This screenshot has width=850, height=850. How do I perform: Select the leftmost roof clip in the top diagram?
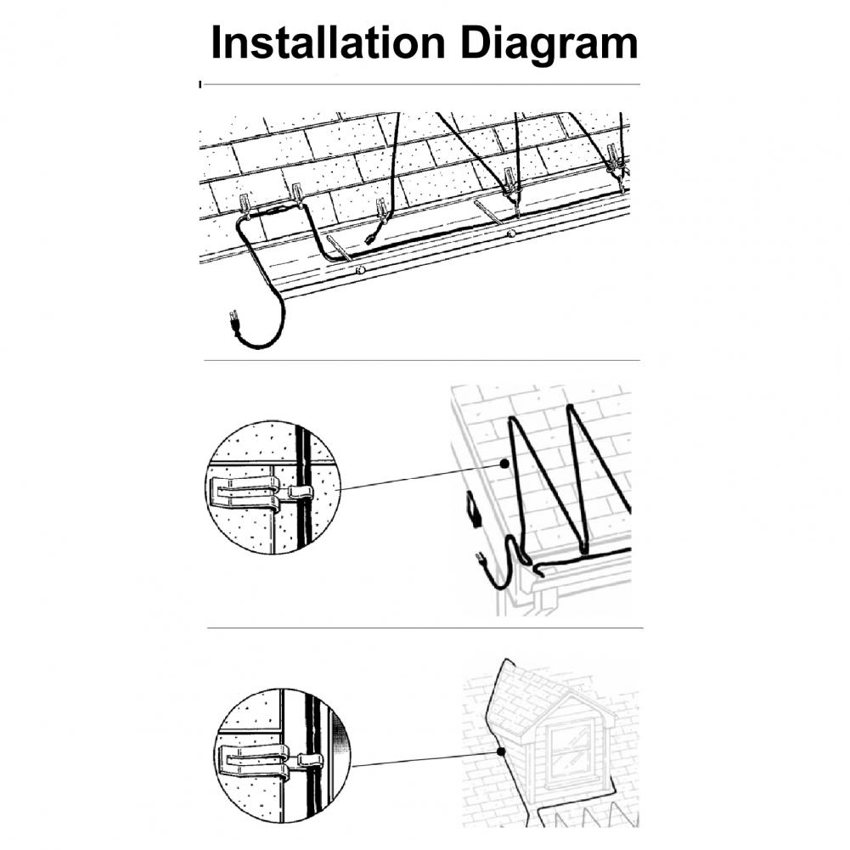pos(245,202)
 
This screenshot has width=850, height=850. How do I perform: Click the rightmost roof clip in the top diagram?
pos(614,157)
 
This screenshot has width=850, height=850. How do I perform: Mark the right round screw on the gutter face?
pos(510,234)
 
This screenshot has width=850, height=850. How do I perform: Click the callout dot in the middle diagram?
pos(504,464)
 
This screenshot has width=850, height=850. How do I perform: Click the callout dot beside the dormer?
pos(501,751)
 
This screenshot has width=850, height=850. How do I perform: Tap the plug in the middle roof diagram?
pos(480,560)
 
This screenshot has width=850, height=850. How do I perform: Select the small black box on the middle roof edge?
pos(472,509)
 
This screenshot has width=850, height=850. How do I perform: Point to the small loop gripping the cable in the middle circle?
pos(301,492)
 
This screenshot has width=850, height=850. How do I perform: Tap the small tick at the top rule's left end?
pos(200,84)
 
